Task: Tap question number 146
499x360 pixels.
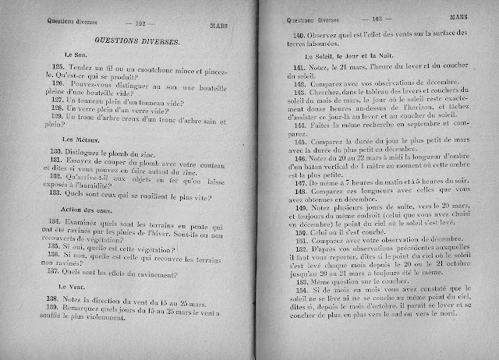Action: [x=300, y=155]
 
